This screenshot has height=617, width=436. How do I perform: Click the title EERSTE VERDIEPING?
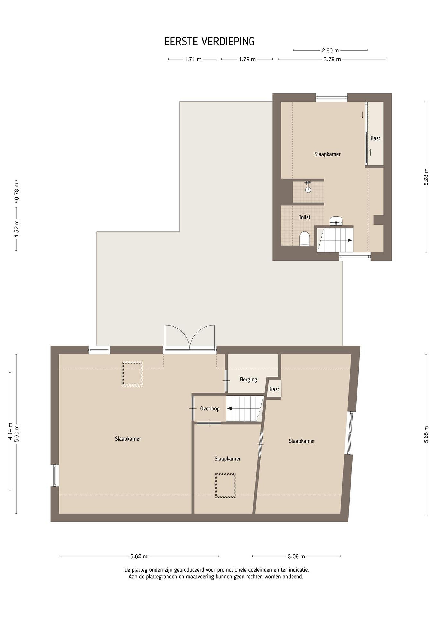click(209, 42)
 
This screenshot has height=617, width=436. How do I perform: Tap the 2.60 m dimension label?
click(330, 51)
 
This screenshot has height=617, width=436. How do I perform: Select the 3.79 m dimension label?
click(332, 59)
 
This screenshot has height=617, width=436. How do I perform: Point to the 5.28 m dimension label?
click(426, 177)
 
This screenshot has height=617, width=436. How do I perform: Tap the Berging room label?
click(249, 379)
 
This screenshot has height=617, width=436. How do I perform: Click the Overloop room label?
click(210, 409)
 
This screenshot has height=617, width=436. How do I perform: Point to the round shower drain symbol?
click(308, 189)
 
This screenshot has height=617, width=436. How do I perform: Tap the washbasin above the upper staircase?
click(337, 221)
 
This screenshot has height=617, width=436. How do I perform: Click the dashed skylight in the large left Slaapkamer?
click(132, 374)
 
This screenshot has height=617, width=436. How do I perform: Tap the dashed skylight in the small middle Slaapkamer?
click(225, 486)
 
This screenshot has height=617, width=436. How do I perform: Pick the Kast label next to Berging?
click(274, 389)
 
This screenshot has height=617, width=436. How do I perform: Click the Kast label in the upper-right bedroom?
click(375, 138)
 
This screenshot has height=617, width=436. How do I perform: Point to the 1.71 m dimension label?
click(193, 59)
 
